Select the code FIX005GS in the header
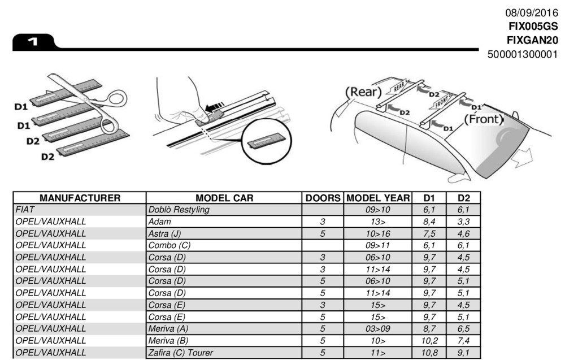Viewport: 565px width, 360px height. point(533,27)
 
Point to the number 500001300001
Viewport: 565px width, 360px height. point(522,55)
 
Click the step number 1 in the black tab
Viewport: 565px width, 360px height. point(32,42)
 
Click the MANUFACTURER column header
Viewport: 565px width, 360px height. point(80,198)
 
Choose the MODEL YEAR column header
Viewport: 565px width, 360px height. point(377,198)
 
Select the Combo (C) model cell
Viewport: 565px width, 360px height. point(167,245)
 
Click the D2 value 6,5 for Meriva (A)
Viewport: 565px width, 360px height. point(464,329)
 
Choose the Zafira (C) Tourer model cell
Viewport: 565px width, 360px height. point(181,353)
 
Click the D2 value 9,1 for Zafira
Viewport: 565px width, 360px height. point(464,353)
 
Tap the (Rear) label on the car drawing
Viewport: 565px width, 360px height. point(363,92)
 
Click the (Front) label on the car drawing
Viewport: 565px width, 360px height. point(483,119)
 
